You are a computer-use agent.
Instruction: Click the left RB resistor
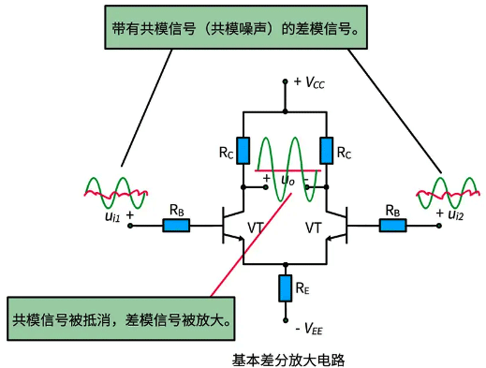coord(175,225)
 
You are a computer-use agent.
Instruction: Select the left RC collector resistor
coord(243,149)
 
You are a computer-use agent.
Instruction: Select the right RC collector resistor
coord(326,149)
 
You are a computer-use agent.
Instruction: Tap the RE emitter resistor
coord(285,289)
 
